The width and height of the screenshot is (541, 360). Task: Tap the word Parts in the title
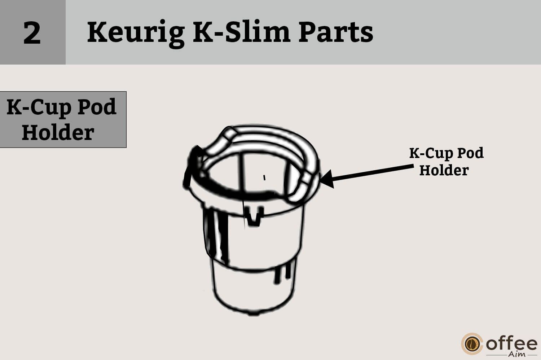(x=335, y=32)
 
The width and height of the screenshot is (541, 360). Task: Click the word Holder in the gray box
(x=58, y=132)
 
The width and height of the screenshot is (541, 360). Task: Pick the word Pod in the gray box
(x=97, y=107)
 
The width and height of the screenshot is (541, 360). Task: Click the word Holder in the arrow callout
(x=444, y=170)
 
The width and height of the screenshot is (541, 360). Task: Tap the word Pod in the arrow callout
(x=470, y=153)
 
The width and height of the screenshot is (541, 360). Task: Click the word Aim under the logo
(x=516, y=354)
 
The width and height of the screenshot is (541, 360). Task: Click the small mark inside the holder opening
(x=264, y=177)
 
